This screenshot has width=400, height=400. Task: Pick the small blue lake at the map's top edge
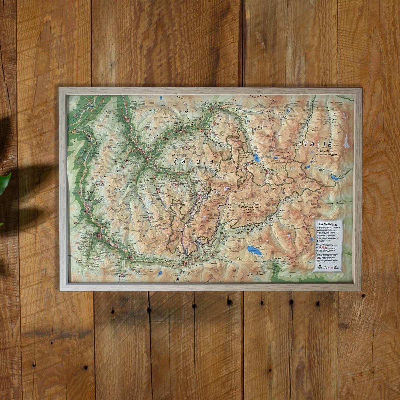click(161, 98)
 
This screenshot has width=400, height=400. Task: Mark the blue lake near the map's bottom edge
click(160, 274)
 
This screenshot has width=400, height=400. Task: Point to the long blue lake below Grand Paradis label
click(333, 179)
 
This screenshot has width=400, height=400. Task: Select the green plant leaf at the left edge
click(5, 183)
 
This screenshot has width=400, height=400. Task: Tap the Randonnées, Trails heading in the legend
click(325, 244)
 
